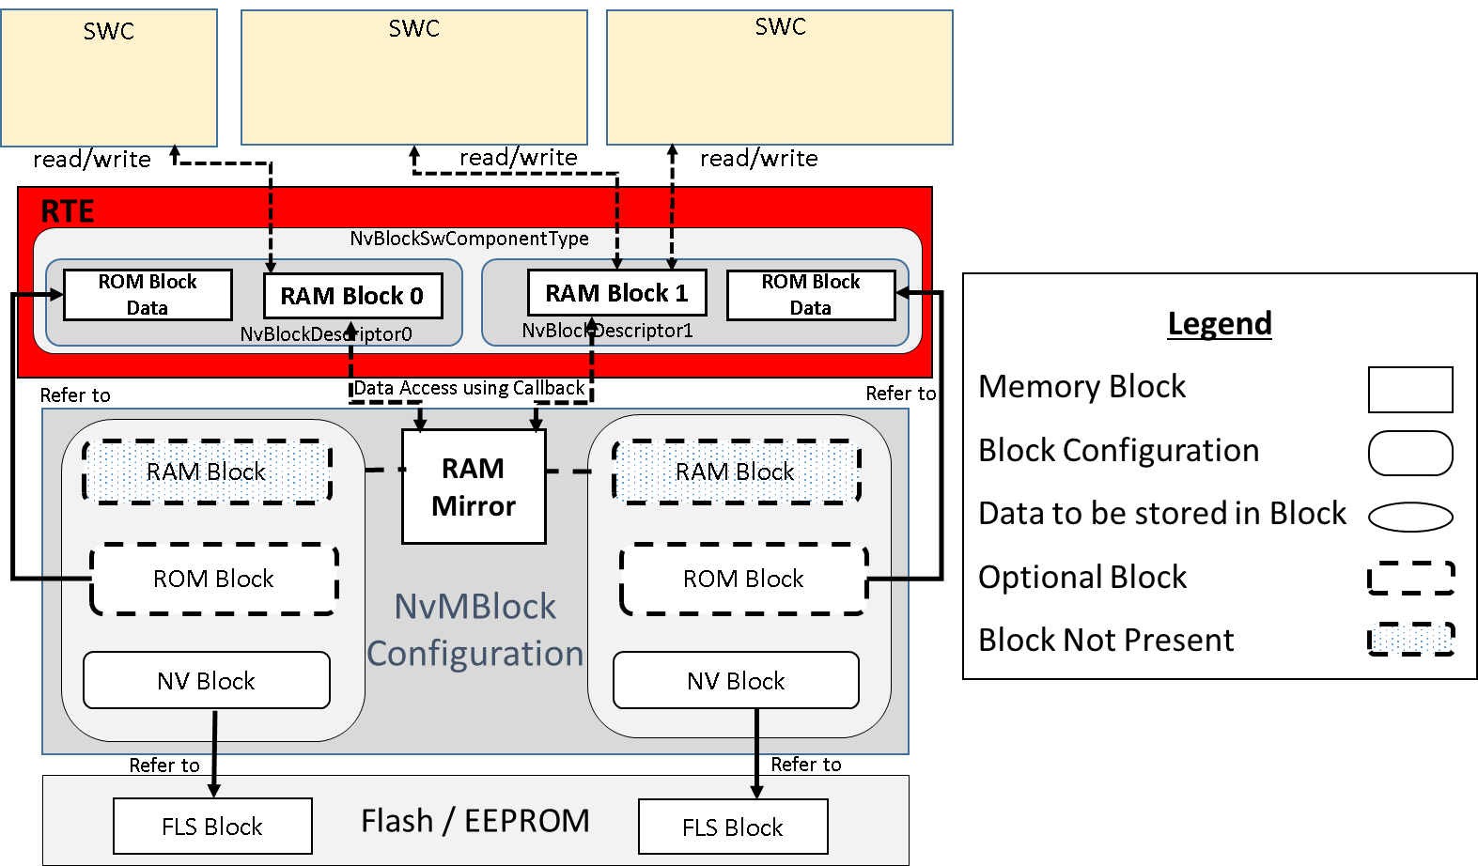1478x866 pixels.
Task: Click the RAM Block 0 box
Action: [352, 296]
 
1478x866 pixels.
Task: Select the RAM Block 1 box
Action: [616, 293]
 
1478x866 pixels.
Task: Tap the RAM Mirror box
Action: [474, 487]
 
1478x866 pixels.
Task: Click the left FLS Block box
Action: [212, 826]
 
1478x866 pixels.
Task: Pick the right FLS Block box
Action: [733, 827]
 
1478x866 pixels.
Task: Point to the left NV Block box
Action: [207, 680]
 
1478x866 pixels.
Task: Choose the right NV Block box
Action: [736, 680]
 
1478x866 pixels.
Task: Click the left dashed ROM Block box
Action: [214, 579]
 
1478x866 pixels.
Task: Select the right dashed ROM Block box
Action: [743, 579]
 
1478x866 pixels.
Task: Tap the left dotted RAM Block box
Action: [207, 472]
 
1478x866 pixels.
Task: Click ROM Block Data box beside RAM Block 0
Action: [148, 295]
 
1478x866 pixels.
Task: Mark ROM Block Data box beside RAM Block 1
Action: [811, 295]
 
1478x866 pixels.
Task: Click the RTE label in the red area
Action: [68, 211]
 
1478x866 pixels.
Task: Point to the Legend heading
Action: [1219, 323]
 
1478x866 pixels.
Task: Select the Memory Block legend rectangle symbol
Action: [1410, 389]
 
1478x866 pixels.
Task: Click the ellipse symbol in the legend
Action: [1410, 517]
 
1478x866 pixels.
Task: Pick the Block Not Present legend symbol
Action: [1410, 640]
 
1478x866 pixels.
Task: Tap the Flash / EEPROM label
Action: [475, 821]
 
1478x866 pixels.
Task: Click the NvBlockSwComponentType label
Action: [469, 239]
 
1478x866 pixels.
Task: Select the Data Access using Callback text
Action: [469, 388]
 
